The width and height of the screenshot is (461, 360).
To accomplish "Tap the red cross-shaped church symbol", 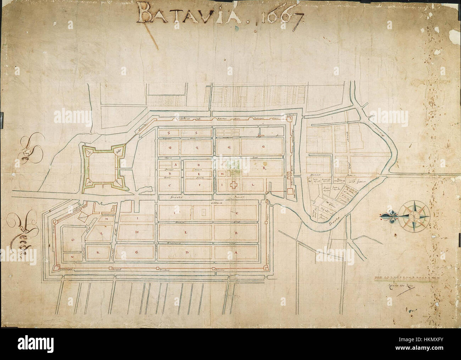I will point(234,185).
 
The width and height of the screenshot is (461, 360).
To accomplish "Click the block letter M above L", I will point(106,220).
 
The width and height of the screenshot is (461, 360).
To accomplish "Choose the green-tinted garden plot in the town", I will point(233,167).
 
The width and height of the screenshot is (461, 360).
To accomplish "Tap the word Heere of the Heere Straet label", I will point(314,175).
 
